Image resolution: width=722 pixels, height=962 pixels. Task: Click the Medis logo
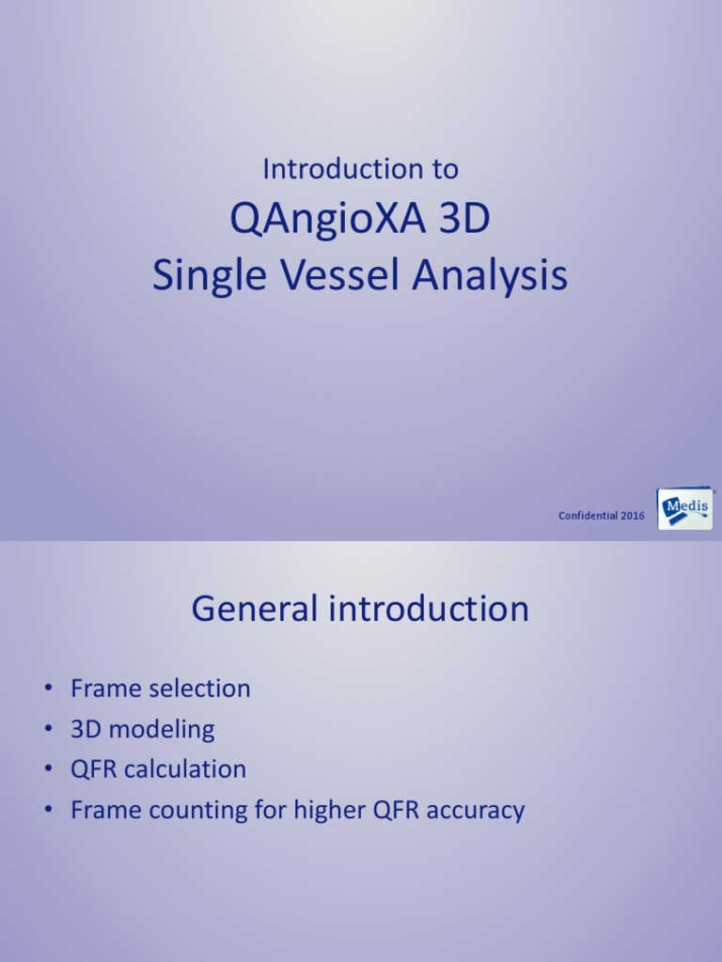click(684, 509)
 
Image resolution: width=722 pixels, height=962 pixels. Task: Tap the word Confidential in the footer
click(588, 516)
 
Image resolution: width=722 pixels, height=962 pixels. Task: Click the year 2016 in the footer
click(633, 516)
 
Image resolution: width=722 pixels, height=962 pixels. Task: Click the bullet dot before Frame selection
click(47, 690)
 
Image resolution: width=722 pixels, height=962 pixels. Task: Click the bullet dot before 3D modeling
click(47, 730)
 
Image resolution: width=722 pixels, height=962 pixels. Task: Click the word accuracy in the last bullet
click(475, 811)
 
